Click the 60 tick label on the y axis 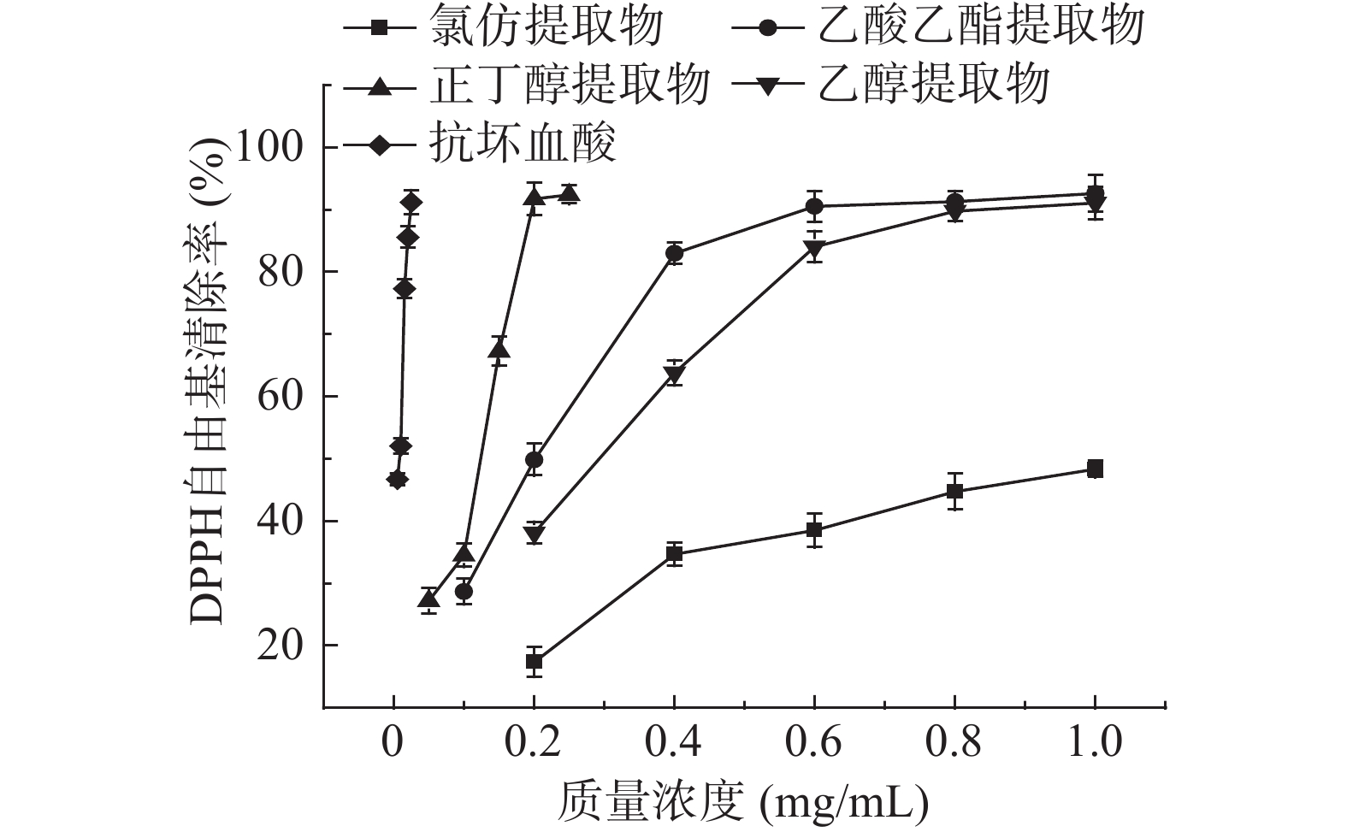[x=281, y=397]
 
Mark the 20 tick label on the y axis [x=281, y=646]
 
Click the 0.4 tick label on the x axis [x=674, y=741]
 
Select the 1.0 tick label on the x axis [x=1095, y=741]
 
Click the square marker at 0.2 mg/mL [x=535, y=661]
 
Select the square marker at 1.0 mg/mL [x=1095, y=469]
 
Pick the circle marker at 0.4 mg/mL [x=674, y=253]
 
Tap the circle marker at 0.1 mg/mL [x=464, y=591]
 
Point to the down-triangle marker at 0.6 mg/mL [x=814, y=249]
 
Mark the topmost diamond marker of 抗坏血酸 [x=411, y=203]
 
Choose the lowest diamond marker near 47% [x=397, y=479]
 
